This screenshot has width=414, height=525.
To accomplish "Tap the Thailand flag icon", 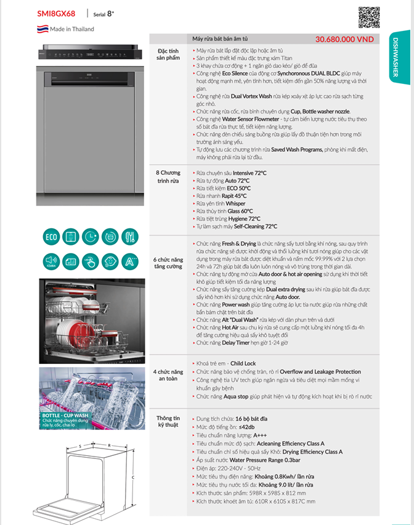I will (x=42, y=29).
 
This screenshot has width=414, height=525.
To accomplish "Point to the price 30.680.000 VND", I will (x=344, y=38).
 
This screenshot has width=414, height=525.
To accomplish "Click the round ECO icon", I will (x=51, y=236).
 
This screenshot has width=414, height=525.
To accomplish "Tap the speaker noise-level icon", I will (x=51, y=262).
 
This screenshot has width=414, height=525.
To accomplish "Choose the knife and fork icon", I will (x=129, y=236).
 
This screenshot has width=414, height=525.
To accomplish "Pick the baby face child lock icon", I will (x=110, y=262).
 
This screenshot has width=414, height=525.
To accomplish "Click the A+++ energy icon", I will (x=129, y=262).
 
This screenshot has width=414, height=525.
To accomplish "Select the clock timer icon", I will (x=91, y=236).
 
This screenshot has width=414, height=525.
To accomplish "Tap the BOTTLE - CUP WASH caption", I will (x=65, y=416).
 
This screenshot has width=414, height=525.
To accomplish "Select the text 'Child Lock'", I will (x=243, y=364).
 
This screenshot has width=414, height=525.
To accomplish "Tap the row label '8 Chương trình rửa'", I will (x=168, y=177).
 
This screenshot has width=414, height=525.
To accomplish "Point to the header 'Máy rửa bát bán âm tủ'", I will (x=221, y=38).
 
